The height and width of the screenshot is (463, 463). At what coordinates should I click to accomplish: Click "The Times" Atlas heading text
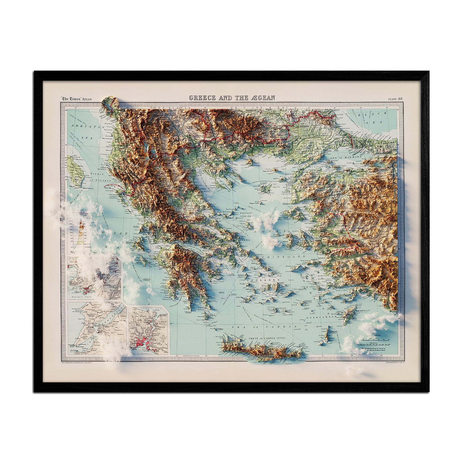tap(76, 99)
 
